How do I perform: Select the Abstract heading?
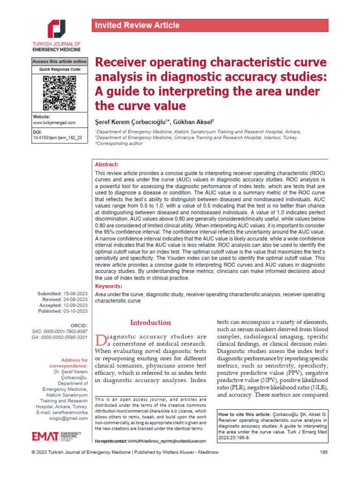(x=107, y=165)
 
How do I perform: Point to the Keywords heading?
(x=108, y=286)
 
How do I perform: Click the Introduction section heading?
(x=150, y=322)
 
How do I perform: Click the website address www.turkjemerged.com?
(x=54, y=122)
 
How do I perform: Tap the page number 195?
(x=323, y=465)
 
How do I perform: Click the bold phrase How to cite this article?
(x=244, y=415)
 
